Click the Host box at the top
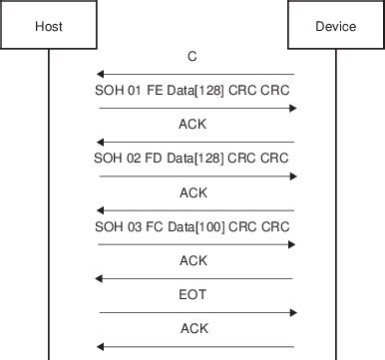48,26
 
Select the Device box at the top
335,26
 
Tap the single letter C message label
192,57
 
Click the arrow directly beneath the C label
195,74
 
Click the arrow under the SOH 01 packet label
195,108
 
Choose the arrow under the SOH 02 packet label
195,177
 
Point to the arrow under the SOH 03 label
195,244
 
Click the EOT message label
193,294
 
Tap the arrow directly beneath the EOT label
195,312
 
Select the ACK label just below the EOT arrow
193,328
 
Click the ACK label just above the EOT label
193,260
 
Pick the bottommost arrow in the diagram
195,346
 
